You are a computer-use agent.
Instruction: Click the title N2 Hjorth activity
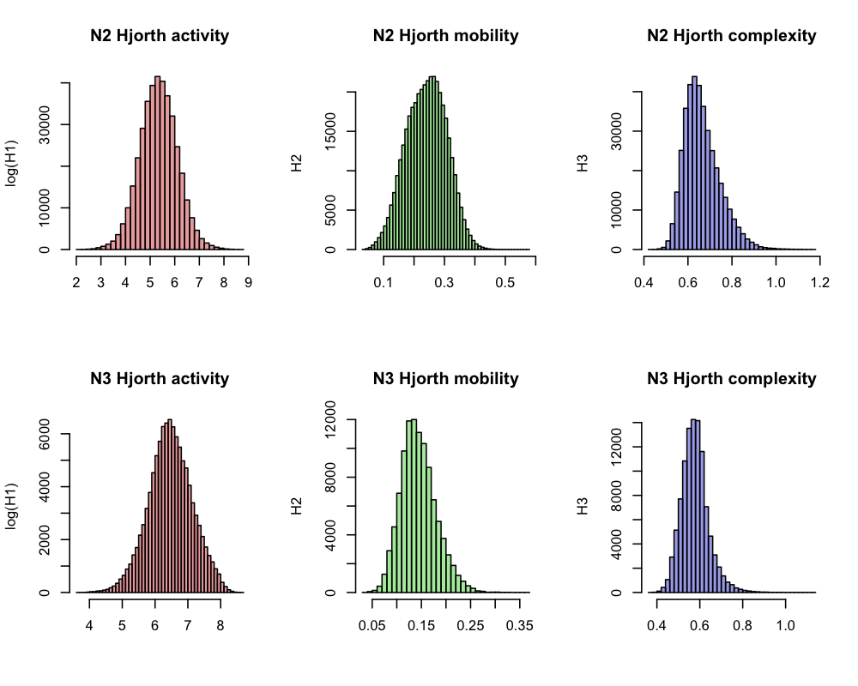160,36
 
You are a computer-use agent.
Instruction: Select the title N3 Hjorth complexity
731,378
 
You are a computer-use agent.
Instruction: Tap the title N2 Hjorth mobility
445,36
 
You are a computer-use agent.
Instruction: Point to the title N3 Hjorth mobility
445,378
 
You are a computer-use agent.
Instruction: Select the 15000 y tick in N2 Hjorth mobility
329,131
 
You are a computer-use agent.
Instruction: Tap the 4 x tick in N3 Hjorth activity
90,626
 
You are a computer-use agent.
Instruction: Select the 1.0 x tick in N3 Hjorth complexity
785,626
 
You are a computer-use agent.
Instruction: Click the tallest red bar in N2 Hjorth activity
157,163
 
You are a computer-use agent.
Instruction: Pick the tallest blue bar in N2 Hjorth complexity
694,163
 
